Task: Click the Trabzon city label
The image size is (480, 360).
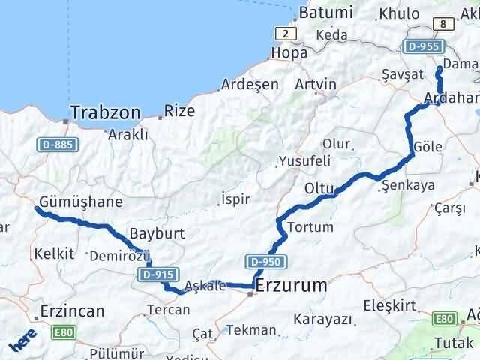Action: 106,113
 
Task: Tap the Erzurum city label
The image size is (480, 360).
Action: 291,286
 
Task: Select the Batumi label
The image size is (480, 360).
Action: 325,13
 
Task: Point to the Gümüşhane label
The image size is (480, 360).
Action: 82,202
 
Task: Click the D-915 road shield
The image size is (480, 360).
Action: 155,275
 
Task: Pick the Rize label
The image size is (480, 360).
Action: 180,111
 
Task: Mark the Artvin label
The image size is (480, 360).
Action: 316,84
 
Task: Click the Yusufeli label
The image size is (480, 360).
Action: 304,160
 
